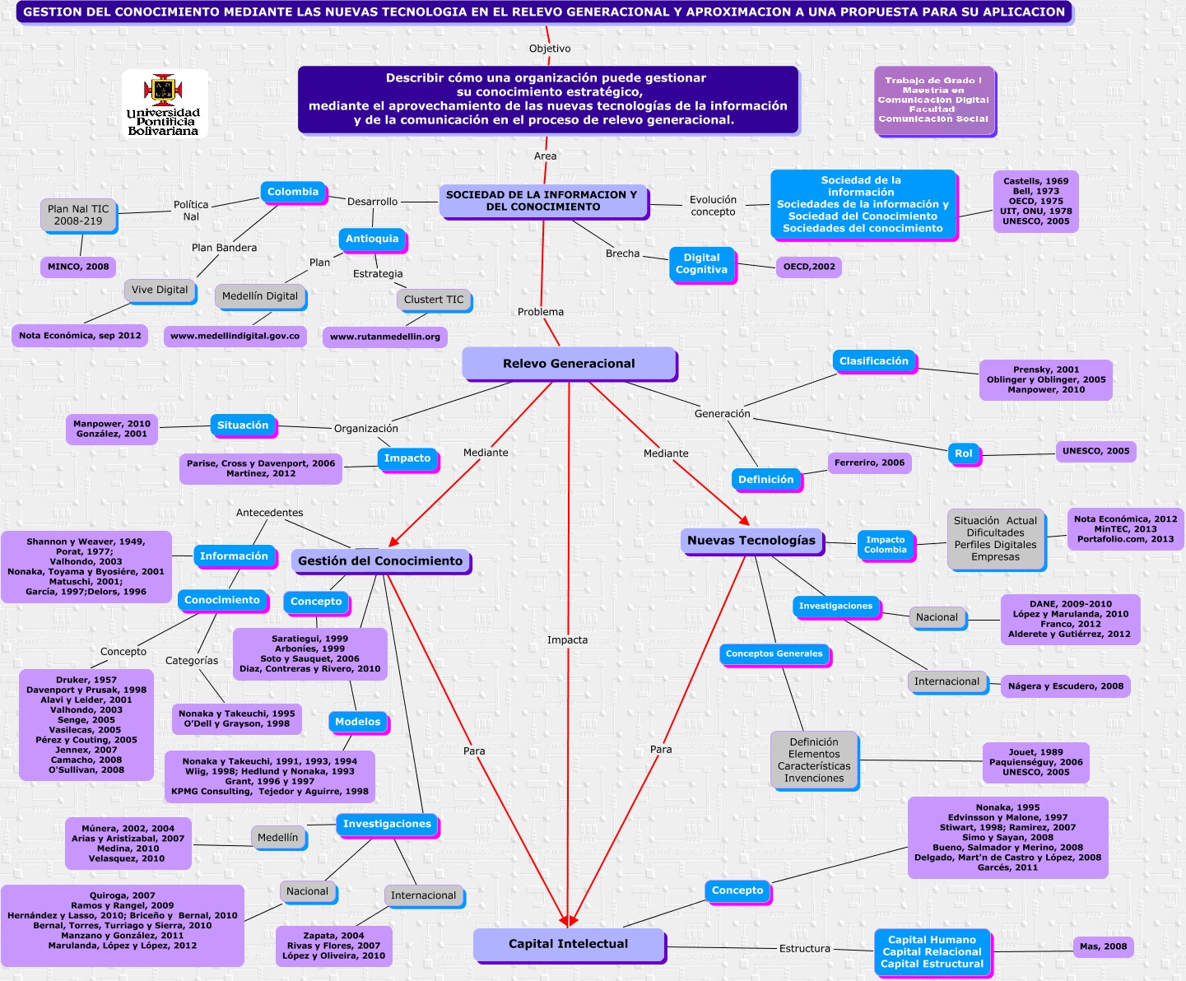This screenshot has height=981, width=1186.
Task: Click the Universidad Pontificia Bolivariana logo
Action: tap(164, 103)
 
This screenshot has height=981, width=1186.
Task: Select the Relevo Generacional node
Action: tap(569, 364)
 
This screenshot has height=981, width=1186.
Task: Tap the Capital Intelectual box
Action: tap(568, 944)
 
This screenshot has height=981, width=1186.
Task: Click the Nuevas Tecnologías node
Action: tap(751, 541)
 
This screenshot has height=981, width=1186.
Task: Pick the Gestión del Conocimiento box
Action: tap(380, 561)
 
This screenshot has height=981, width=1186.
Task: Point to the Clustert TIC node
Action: tap(434, 300)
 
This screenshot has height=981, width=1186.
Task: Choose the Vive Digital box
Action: tap(160, 290)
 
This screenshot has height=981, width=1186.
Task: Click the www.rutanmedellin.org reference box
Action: tap(384, 337)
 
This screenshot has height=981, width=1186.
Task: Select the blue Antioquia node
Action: tap(372, 239)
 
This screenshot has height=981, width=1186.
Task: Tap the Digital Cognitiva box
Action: tap(701, 264)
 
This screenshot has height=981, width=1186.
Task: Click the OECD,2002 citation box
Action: tap(809, 267)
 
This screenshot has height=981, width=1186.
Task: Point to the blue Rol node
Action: tap(963, 453)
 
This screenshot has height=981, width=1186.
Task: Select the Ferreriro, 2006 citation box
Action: tap(869, 463)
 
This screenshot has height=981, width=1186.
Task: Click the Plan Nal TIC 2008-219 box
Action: tap(78, 215)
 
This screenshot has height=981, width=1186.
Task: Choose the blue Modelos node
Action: tap(357, 722)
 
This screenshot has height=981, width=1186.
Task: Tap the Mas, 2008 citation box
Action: tap(1103, 946)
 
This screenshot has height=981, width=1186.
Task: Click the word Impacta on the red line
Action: tap(568, 640)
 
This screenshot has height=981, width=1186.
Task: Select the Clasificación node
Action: tap(873, 361)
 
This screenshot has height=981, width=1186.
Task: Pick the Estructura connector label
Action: tap(804, 949)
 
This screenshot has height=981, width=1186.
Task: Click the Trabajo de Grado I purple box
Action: tap(933, 100)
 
